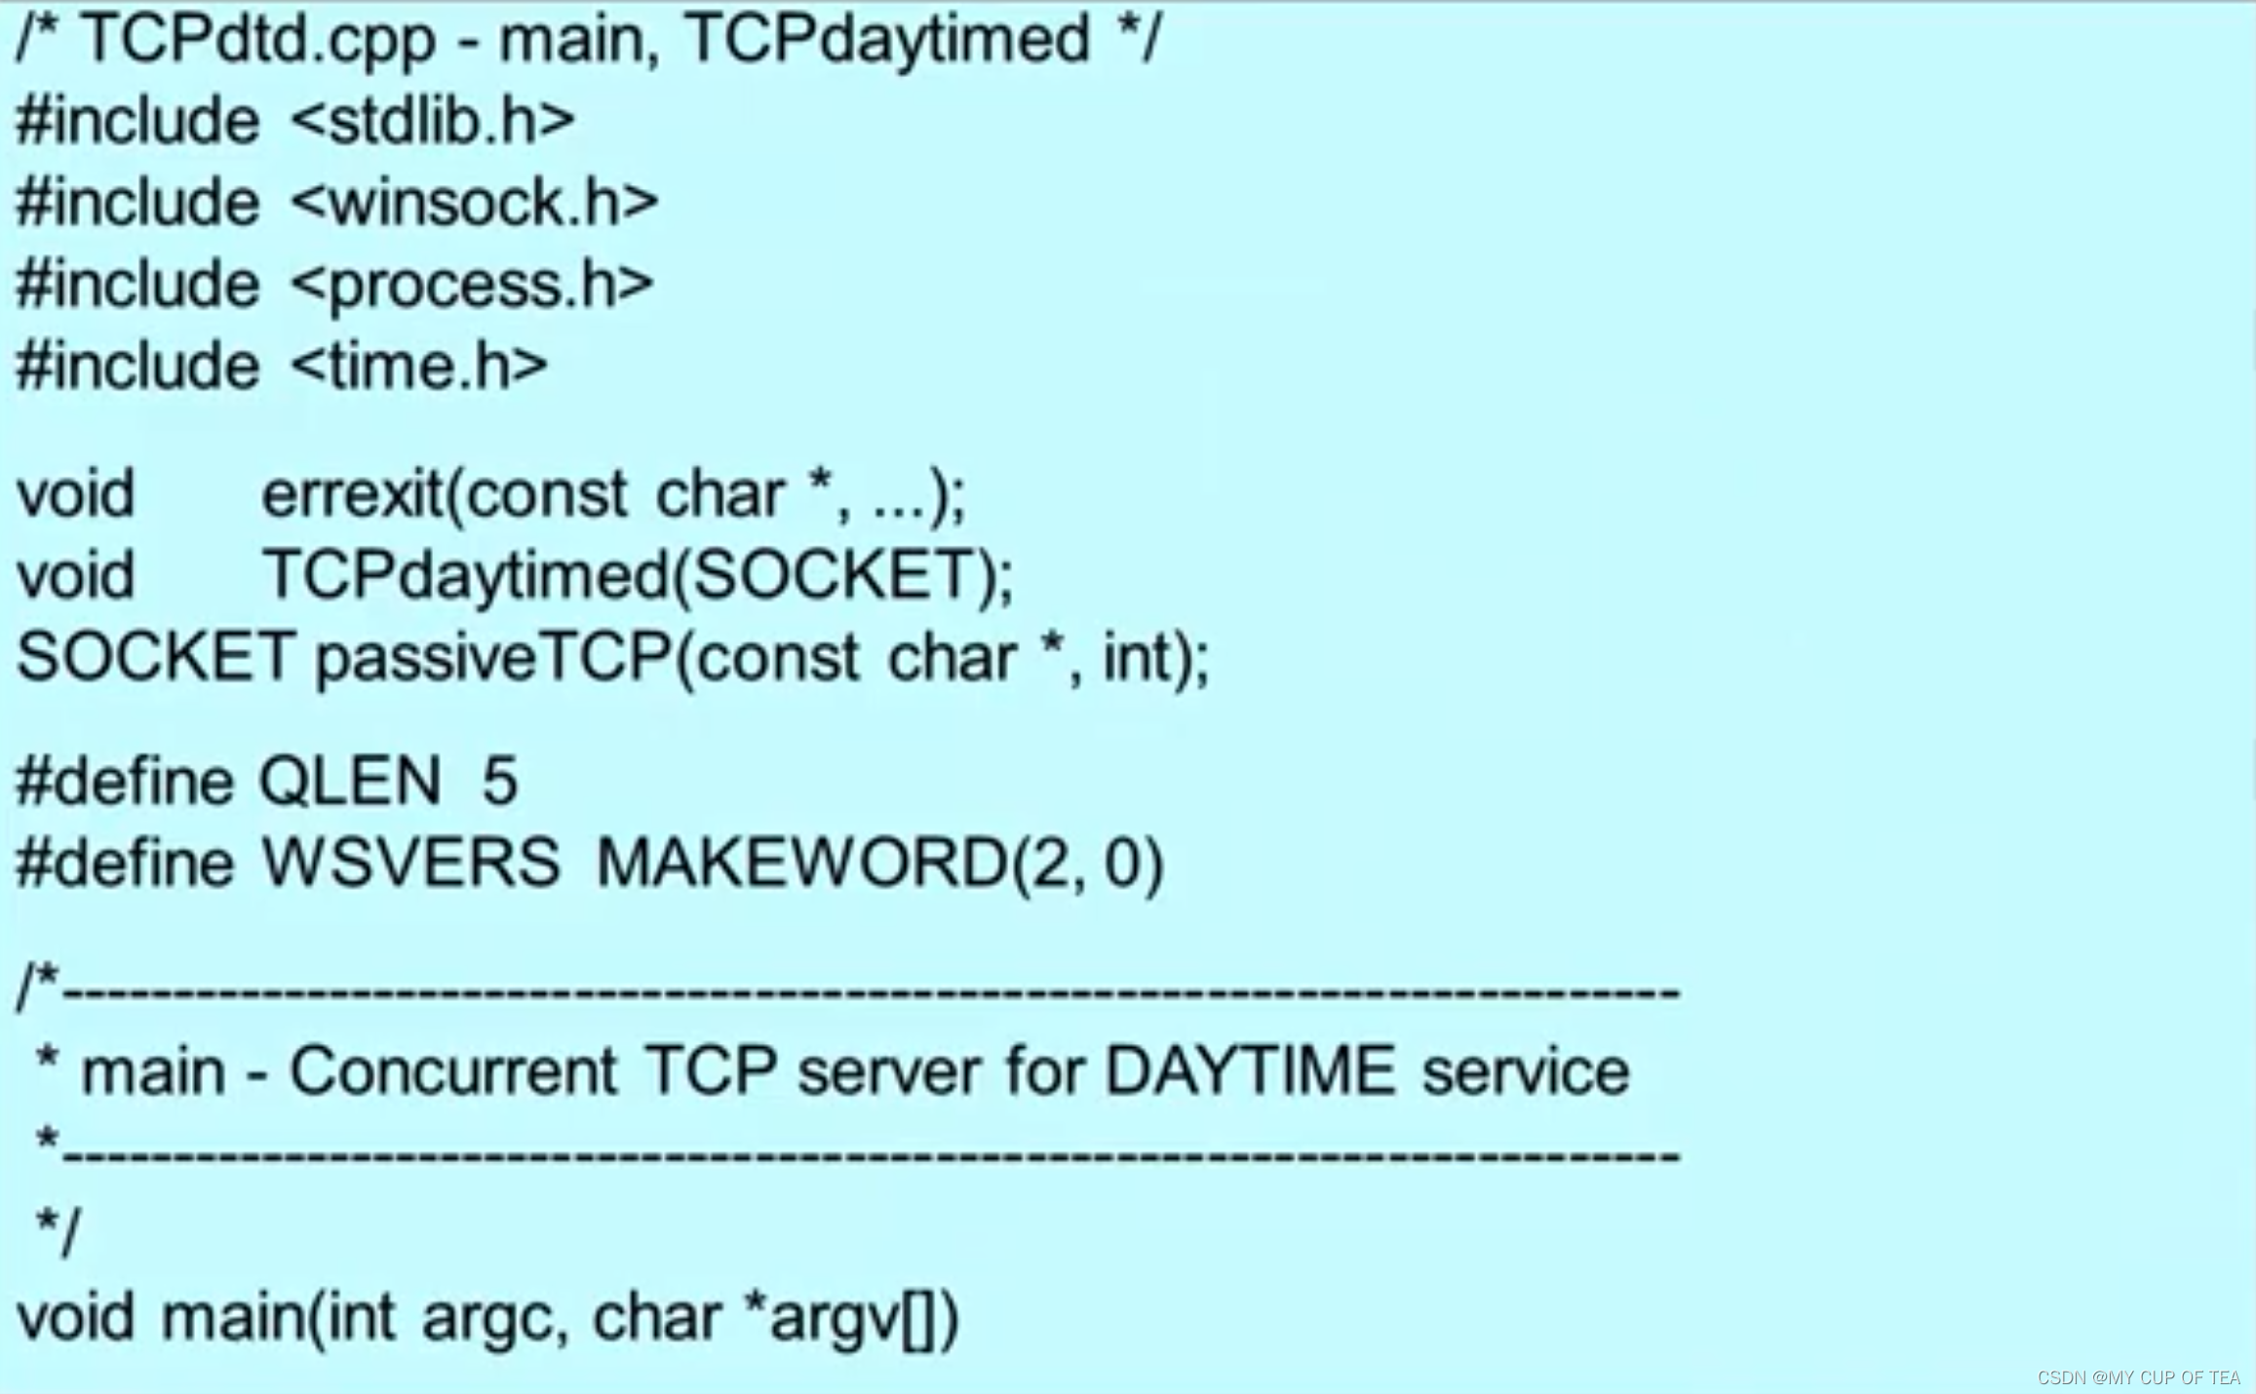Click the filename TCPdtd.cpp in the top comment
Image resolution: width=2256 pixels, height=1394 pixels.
257,41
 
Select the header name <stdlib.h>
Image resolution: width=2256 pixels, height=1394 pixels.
433,122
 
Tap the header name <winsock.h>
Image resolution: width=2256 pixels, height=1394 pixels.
475,204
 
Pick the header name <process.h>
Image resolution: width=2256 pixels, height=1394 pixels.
472,286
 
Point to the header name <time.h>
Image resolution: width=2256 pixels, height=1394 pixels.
419,368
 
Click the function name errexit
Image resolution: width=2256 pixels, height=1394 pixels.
351,495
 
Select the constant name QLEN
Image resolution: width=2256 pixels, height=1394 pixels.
350,782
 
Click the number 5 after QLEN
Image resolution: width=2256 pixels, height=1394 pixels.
499,782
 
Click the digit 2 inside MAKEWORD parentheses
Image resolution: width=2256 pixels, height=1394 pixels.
1049,864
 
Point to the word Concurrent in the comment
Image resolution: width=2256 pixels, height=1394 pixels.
453,1072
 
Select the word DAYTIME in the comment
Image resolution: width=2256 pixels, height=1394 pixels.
1250,1072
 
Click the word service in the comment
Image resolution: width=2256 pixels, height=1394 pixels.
1525,1072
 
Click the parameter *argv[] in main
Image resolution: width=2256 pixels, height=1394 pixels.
838,1318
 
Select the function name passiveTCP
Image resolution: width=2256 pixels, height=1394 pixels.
492,658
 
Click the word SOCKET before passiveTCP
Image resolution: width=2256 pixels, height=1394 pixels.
156,658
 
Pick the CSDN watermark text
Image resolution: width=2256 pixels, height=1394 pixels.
2138,1377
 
